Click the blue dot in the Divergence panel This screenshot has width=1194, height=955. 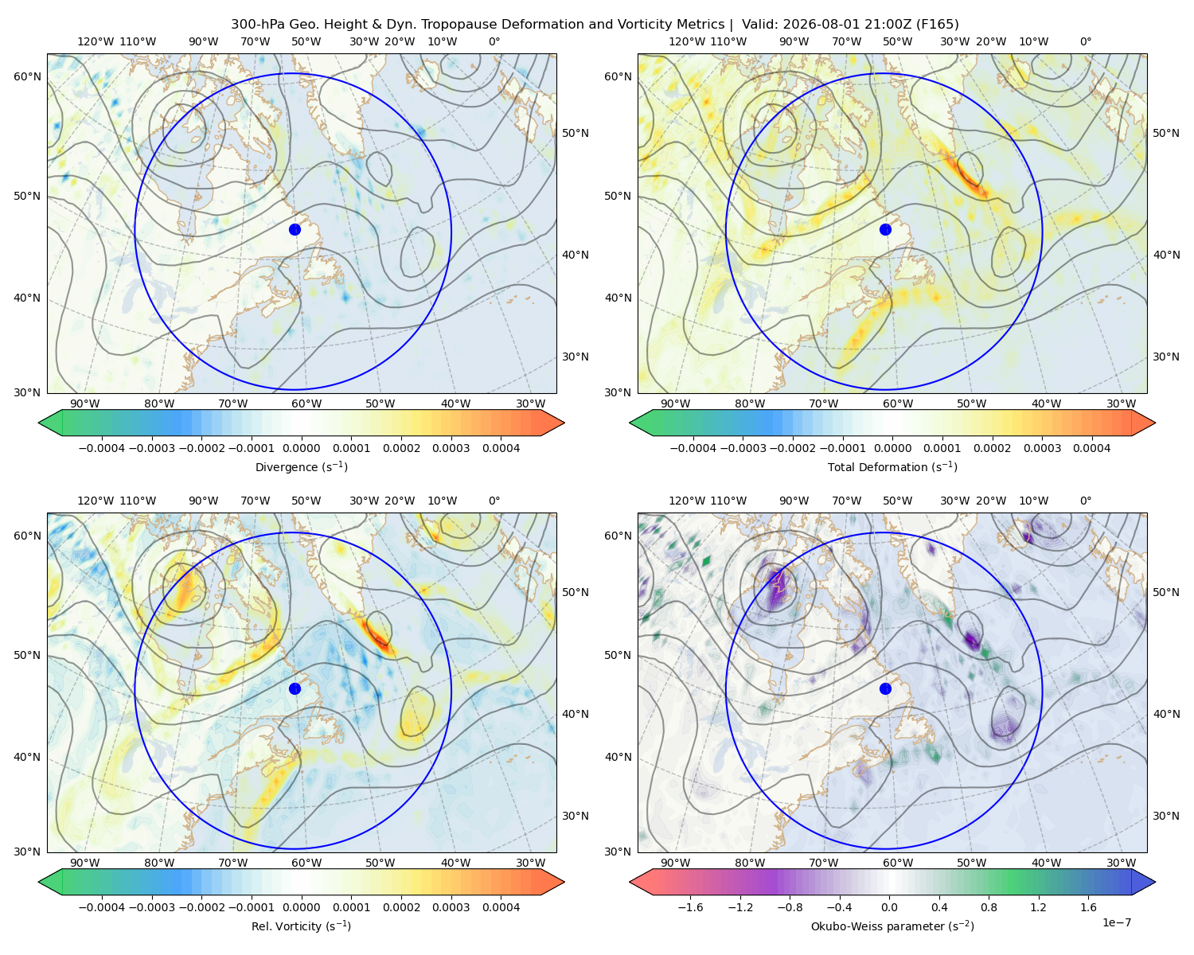click(295, 229)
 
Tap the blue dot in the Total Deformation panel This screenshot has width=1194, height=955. click(885, 229)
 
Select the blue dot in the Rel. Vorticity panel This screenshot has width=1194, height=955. click(295, 688)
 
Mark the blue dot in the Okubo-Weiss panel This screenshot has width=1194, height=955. click(885, 688)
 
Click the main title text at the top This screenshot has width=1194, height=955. click(595, 25)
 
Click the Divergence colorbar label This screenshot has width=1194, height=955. click(301, 466)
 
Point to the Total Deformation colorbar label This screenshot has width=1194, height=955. click(892, 466)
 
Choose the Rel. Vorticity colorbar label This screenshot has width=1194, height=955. click(301, 926)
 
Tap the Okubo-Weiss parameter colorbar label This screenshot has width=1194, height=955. click(892, 926)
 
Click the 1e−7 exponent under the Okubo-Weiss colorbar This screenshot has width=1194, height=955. click(1116, 922)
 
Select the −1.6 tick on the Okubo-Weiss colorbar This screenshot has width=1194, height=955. click(690, 907)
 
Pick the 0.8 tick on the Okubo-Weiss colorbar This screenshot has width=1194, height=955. click(989, 907)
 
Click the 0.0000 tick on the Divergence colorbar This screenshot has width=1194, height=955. click(301, 448)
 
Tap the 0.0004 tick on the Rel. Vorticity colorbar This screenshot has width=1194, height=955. click(501, 907)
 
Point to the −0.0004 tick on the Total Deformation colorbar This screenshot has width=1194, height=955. click(693, 448)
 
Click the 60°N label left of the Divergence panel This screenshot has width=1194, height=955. click(27, 76)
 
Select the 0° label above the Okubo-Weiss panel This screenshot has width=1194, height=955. click(1085, 501)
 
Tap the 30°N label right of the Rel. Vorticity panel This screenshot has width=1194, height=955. click(576, 816)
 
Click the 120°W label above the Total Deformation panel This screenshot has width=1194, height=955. click(687, 41)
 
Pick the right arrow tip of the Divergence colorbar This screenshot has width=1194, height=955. click(564, 423)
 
